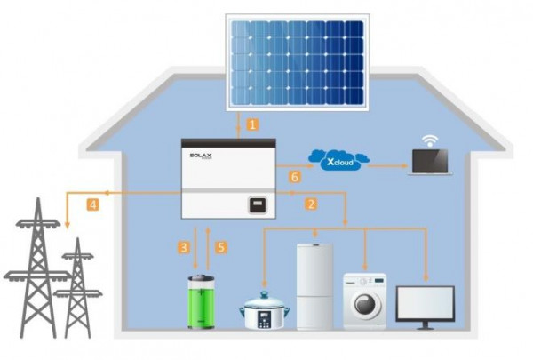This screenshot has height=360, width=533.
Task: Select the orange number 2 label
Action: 311,204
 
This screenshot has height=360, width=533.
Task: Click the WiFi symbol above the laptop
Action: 430,140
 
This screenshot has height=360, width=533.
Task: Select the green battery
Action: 201,302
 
